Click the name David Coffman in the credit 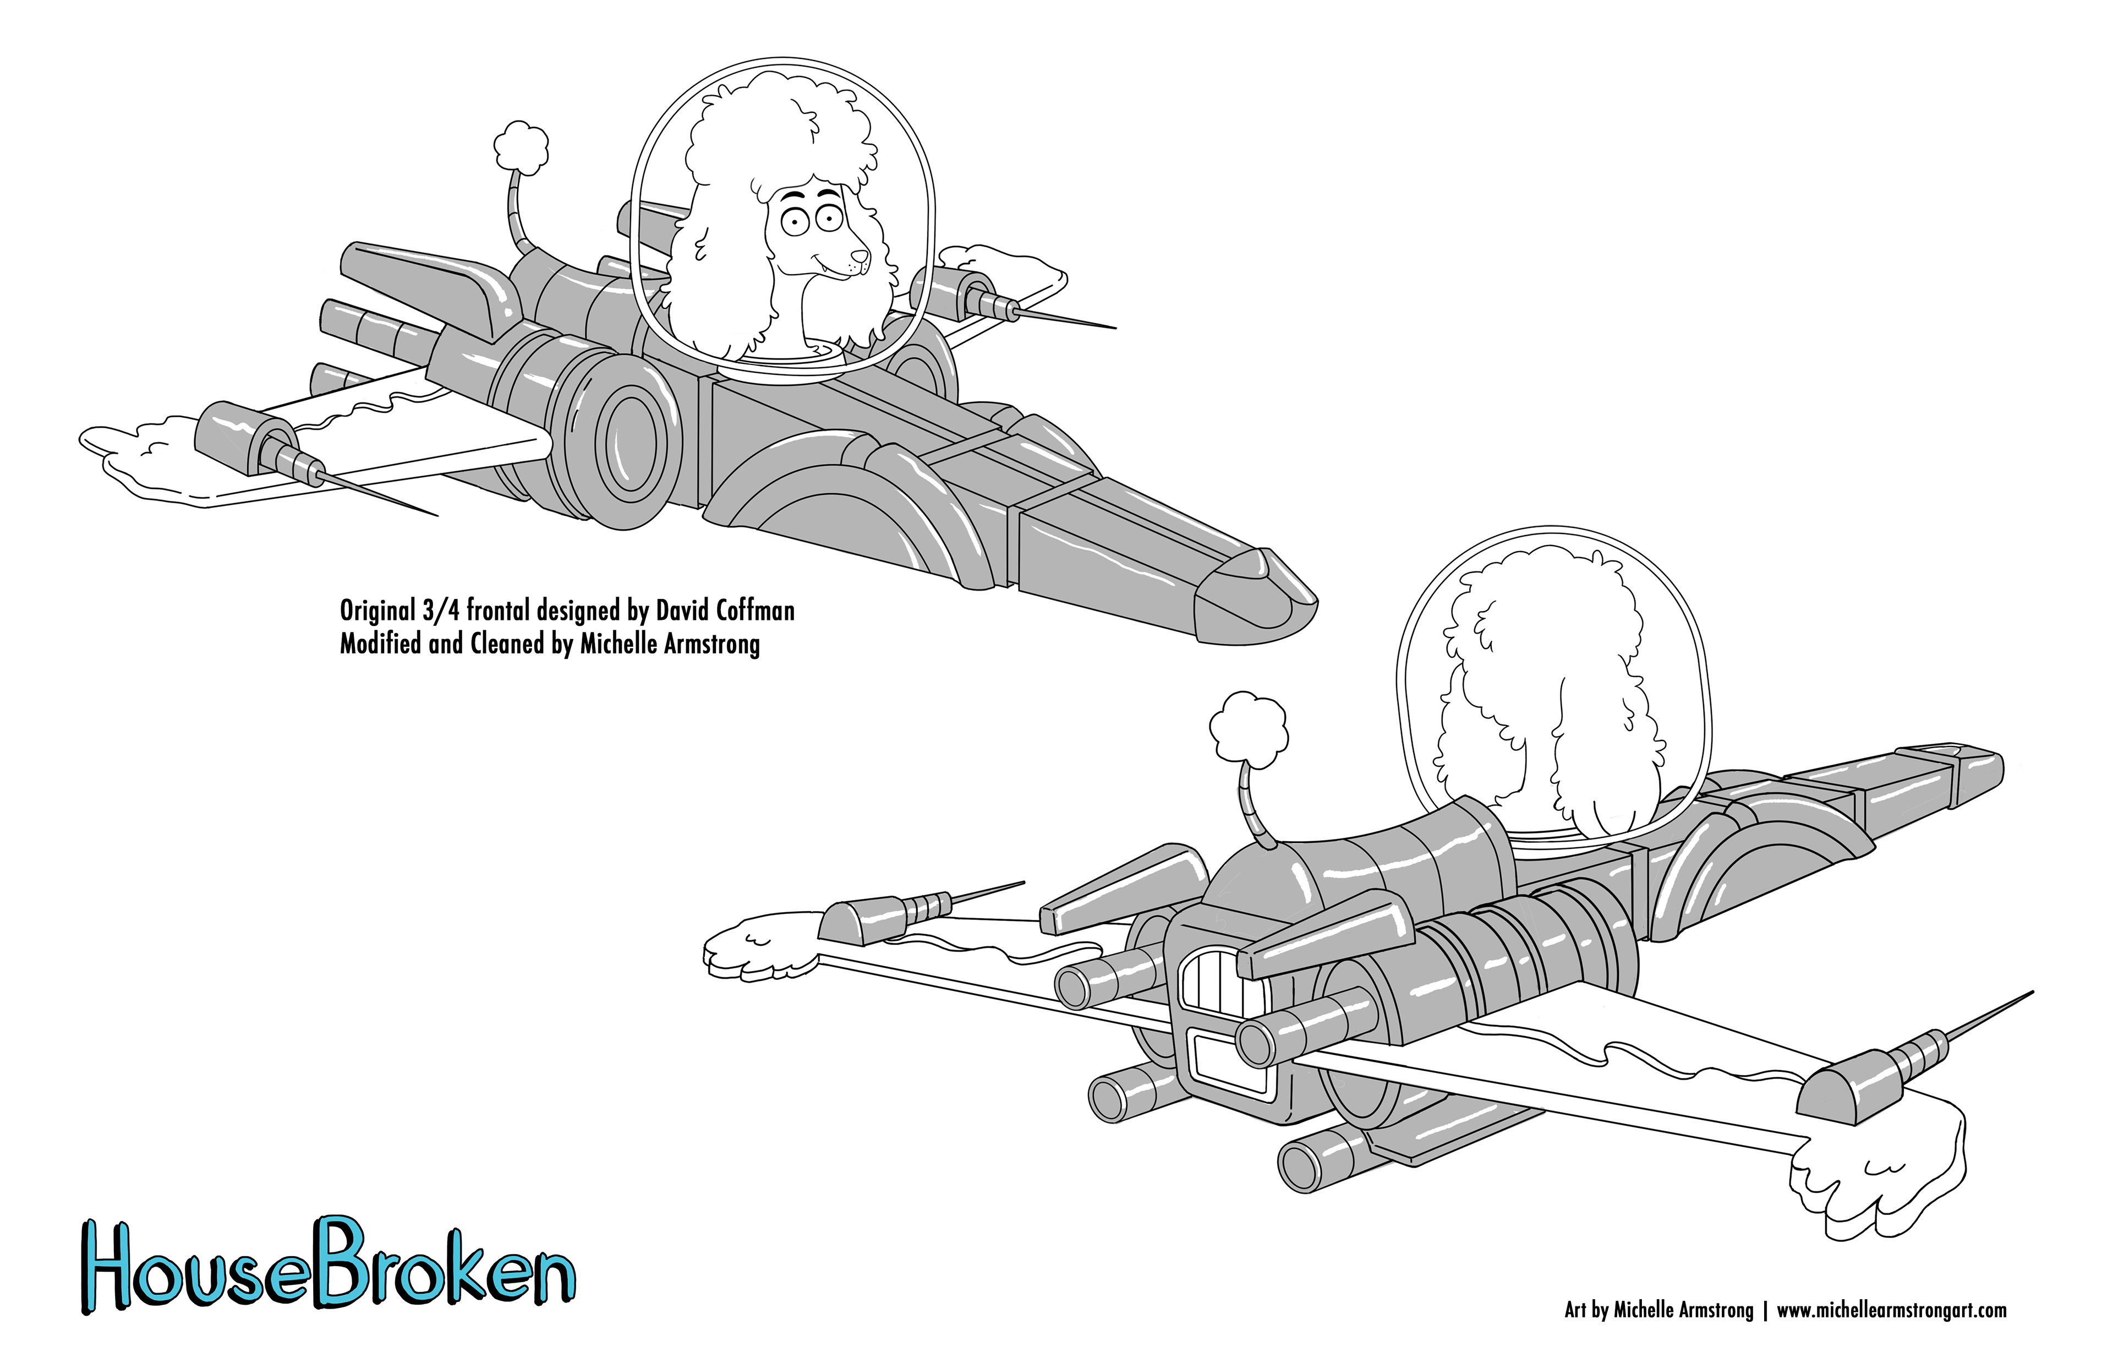tap(725, 611)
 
